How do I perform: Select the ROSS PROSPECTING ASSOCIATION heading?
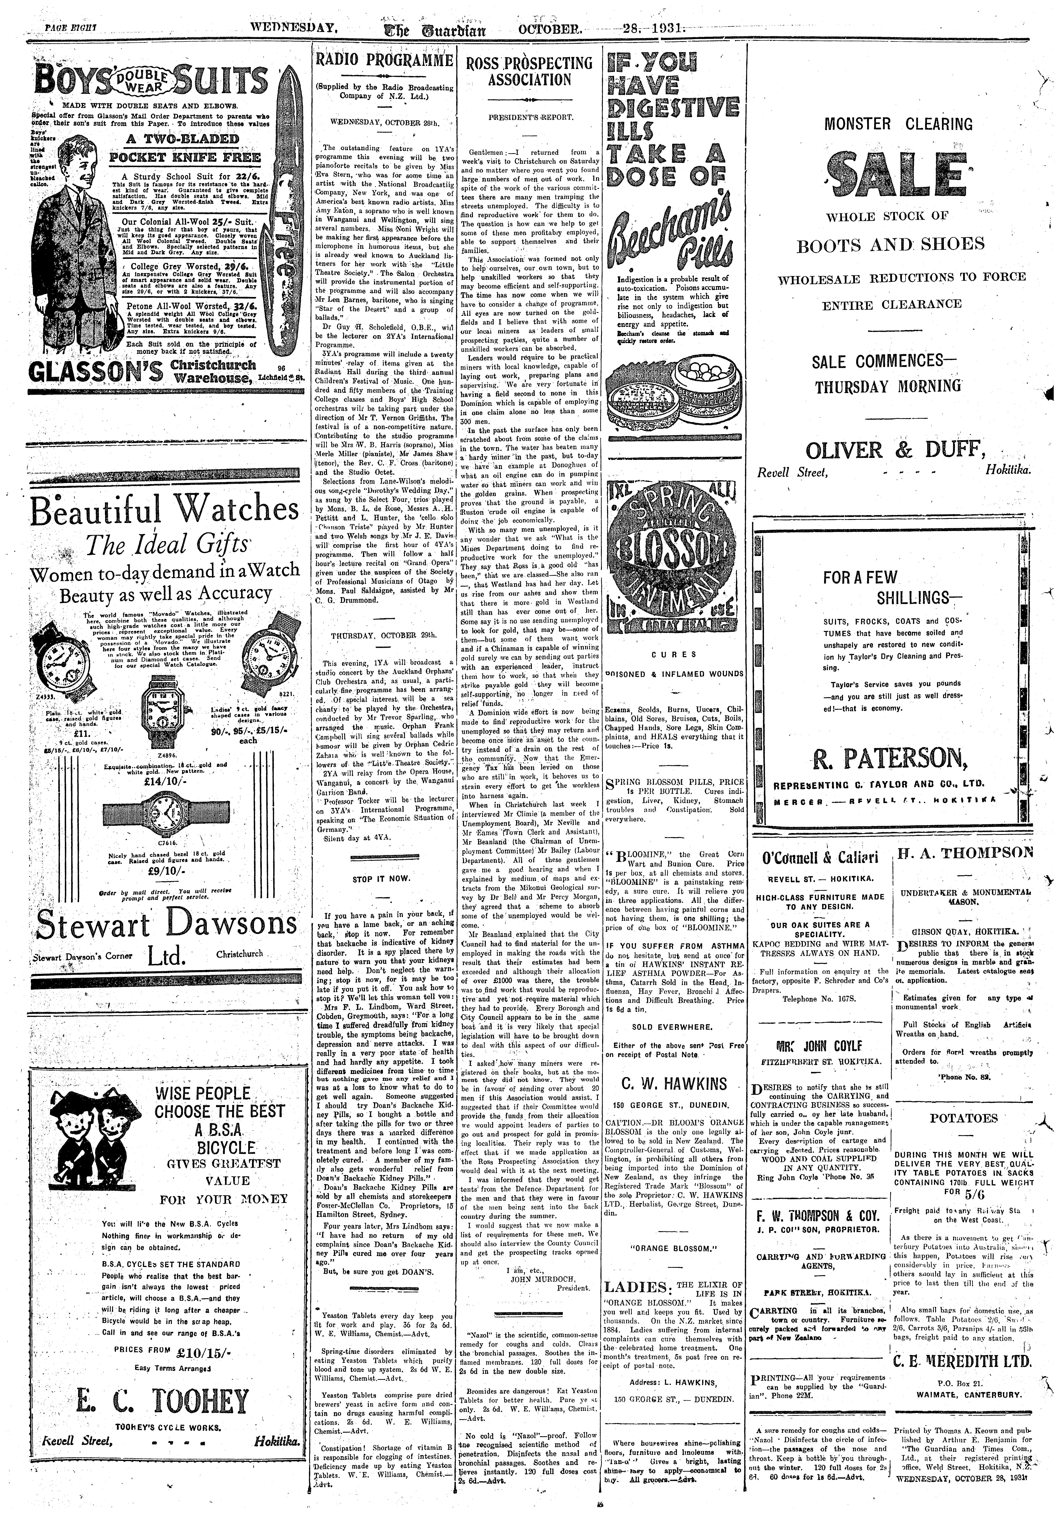pyautogui.click(x=529, y=71)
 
